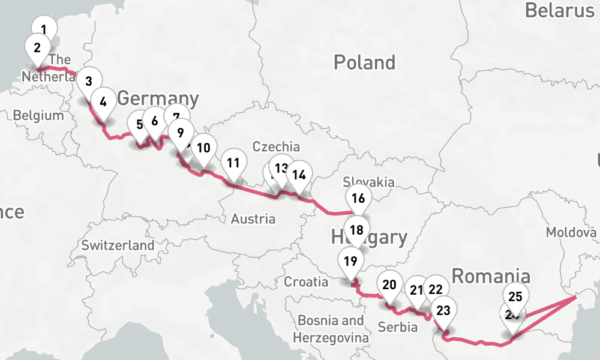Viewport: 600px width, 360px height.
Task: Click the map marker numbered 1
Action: click(x=43, y=28)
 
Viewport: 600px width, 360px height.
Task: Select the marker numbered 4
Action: click(x=103, y=101)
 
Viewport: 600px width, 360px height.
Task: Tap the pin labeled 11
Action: click(x=233, y=162)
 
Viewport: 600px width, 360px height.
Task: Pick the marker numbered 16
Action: click(x=358, y=198)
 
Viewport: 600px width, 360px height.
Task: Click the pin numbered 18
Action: click(x=357, y=230)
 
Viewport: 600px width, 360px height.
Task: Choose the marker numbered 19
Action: click(x=351, y=261)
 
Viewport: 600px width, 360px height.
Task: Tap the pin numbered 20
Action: click(x=389, y=284)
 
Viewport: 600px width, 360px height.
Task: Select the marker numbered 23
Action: click(x=443, y=310)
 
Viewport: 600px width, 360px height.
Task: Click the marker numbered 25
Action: click(x=515, y=296)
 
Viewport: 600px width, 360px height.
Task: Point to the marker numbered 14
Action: click(x=299, y=175)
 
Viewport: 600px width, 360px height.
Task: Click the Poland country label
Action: click(x=364, y=62)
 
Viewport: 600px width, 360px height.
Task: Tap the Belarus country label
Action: click(x=559, y=10)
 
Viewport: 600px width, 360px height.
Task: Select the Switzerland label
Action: click(x=118, y=245)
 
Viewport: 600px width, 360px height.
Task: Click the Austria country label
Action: click(x=253, y=219)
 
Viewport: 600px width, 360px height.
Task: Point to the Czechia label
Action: click(x=276, y=146)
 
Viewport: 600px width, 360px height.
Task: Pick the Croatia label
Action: click(x=307, y=281)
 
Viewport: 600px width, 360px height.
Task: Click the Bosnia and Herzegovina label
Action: click(x=331, y=329)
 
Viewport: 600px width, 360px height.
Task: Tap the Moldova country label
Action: click(x=569, y=232)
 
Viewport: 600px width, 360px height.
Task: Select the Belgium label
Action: click(x=38, y=115)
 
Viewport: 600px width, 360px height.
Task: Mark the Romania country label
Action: click(x=491, y=276)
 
